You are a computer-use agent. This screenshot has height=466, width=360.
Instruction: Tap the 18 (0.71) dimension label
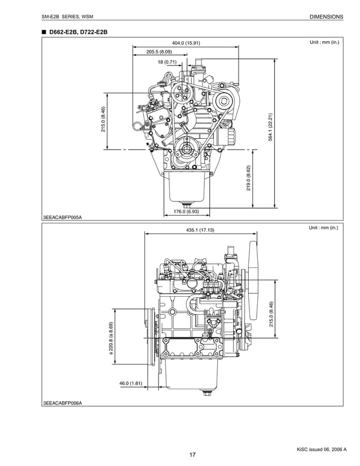(x=168, y=61)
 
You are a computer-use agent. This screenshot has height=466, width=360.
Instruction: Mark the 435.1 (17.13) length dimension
(x=200, y=230)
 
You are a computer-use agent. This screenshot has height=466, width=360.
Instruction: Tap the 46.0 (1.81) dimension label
(x=130, y=384)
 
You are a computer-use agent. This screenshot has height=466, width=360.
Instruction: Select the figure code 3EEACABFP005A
(x=62, y=217)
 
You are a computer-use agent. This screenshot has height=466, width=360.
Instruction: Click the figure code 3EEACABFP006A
(x=62, y=403)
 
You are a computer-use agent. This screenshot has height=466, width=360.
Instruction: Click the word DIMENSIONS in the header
(x=326, y=17)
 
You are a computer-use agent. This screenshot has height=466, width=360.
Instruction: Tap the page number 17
(x=192, y=455)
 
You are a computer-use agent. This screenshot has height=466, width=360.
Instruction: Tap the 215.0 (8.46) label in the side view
(x=271, y=314)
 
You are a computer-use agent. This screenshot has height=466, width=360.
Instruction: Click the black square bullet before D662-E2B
(x=43, y=32)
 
